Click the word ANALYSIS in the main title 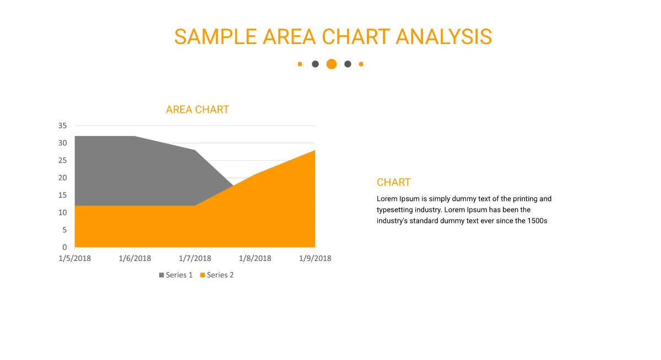click(x=443, y=37)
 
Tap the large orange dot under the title click(x=331, y=64)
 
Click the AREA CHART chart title click(x=197, y=110)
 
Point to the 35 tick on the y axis click(x=62, y=126)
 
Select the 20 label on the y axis click(x=62, y=178)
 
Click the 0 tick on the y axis click(x=64, y=247)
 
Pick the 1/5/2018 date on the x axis click(x=74, y=258)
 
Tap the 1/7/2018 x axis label click(x=194, y=258)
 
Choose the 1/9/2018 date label click(x=315, y=258)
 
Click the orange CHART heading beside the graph click(x=393, y=182)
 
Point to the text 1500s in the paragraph click(x=537, y=221)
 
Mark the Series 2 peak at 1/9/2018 click(x=315, y=151)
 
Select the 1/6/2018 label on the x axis click(x=134, y=258)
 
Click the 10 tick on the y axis click(x=62, y=212)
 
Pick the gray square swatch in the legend click(x=161, y=275)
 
